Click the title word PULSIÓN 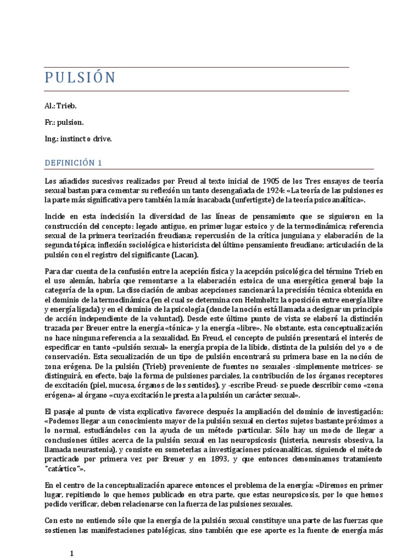click(x=80, y=78)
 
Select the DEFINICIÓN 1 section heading click(x=73, y=162)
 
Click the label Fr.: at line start click(x=51, y=123)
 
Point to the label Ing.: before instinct click(x=52, y=139)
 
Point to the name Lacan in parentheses click(x=184, y=255)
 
